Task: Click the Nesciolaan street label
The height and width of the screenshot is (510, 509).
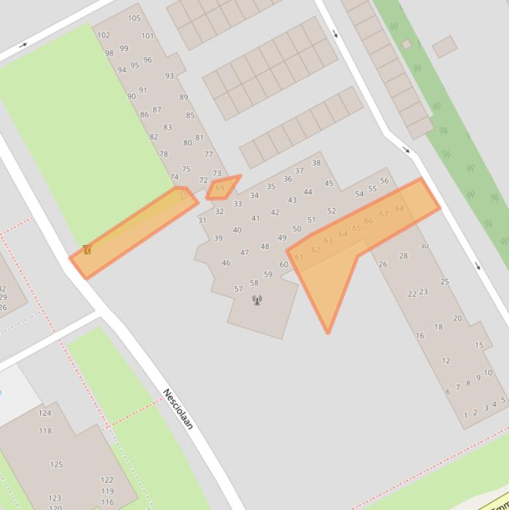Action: (x=178, y=409)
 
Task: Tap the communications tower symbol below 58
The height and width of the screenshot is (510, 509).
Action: (x=257, y=300)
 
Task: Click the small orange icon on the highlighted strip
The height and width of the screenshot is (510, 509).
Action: (x=87, y=250)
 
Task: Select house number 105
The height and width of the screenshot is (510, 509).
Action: (x=134, y=18)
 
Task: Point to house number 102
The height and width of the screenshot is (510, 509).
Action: (x=103, y=35)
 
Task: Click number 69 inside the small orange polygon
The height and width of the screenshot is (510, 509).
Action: (x=220, y=188)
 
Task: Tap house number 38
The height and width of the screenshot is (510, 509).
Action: (x=316, y=163)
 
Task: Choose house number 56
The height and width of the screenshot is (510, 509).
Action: (x=385, y=181)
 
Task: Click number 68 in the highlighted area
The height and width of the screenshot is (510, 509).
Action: (x=400, y=209)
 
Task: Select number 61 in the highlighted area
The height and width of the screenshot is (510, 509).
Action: (x=299, y=257)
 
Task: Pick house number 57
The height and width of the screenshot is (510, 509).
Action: (x=238, y=289)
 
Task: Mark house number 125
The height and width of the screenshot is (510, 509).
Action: (x=56, y=464)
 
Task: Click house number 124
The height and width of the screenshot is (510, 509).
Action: (x=44, y=413)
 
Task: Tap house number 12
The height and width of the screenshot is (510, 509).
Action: (x=446, y=361)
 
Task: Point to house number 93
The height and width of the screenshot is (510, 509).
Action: (x=169, y=76)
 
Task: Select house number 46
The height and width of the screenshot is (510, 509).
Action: (x=226, y=263)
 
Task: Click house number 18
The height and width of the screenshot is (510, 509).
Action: (x=438, y=327)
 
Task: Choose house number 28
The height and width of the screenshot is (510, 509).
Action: (x=404, y=256)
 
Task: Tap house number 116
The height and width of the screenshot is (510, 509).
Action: (x=107, y=502)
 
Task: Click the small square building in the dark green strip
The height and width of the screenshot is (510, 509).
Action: (x=406, y=44)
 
